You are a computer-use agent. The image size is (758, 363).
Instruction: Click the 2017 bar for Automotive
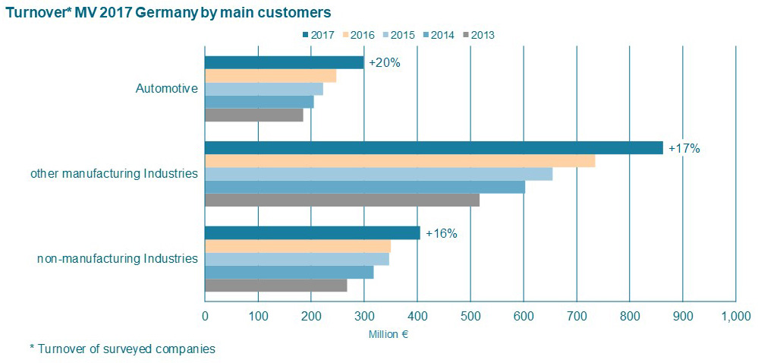pyautogui.click(x=284, y=62)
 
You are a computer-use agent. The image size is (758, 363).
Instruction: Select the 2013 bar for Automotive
pyautogui.click(x=253, y=115)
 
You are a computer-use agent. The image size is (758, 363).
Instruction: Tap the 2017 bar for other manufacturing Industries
pyautogui.click(x=433, y=147)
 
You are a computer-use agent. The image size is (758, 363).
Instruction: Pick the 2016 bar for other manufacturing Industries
pyautogui.click(x=400, y=161)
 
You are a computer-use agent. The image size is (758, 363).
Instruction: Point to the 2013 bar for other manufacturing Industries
pyautogui.click(x=342, y=200)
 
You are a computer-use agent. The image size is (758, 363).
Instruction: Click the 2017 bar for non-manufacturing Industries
pyautogui.click(x=312, y=233)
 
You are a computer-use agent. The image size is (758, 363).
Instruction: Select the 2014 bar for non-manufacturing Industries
pyautogui.click(x=289, y=272)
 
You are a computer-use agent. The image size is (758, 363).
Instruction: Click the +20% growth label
pyautogui.click(x=384, y=62)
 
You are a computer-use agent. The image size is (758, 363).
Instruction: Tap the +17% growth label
pyautogui.click(x=684, y=148)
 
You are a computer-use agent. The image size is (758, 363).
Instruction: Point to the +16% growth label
pyautogui.click(x=442, y=234)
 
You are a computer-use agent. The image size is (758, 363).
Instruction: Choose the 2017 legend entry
pyautogui.click(x=318, y=34)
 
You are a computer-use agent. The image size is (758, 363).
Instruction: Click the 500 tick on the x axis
pyautogui.click(x=470, y=316)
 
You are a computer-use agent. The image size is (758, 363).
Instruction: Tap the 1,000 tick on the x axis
pyautogui.click(x=734, y=316)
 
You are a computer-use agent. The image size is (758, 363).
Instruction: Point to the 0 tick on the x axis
pyautogui.click(x=205, y=316)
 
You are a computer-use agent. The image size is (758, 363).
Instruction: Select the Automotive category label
pyautogui.click(x=166, y=89)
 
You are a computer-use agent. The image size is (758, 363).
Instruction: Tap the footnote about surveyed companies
pyautogui.click(x=122, y=349)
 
